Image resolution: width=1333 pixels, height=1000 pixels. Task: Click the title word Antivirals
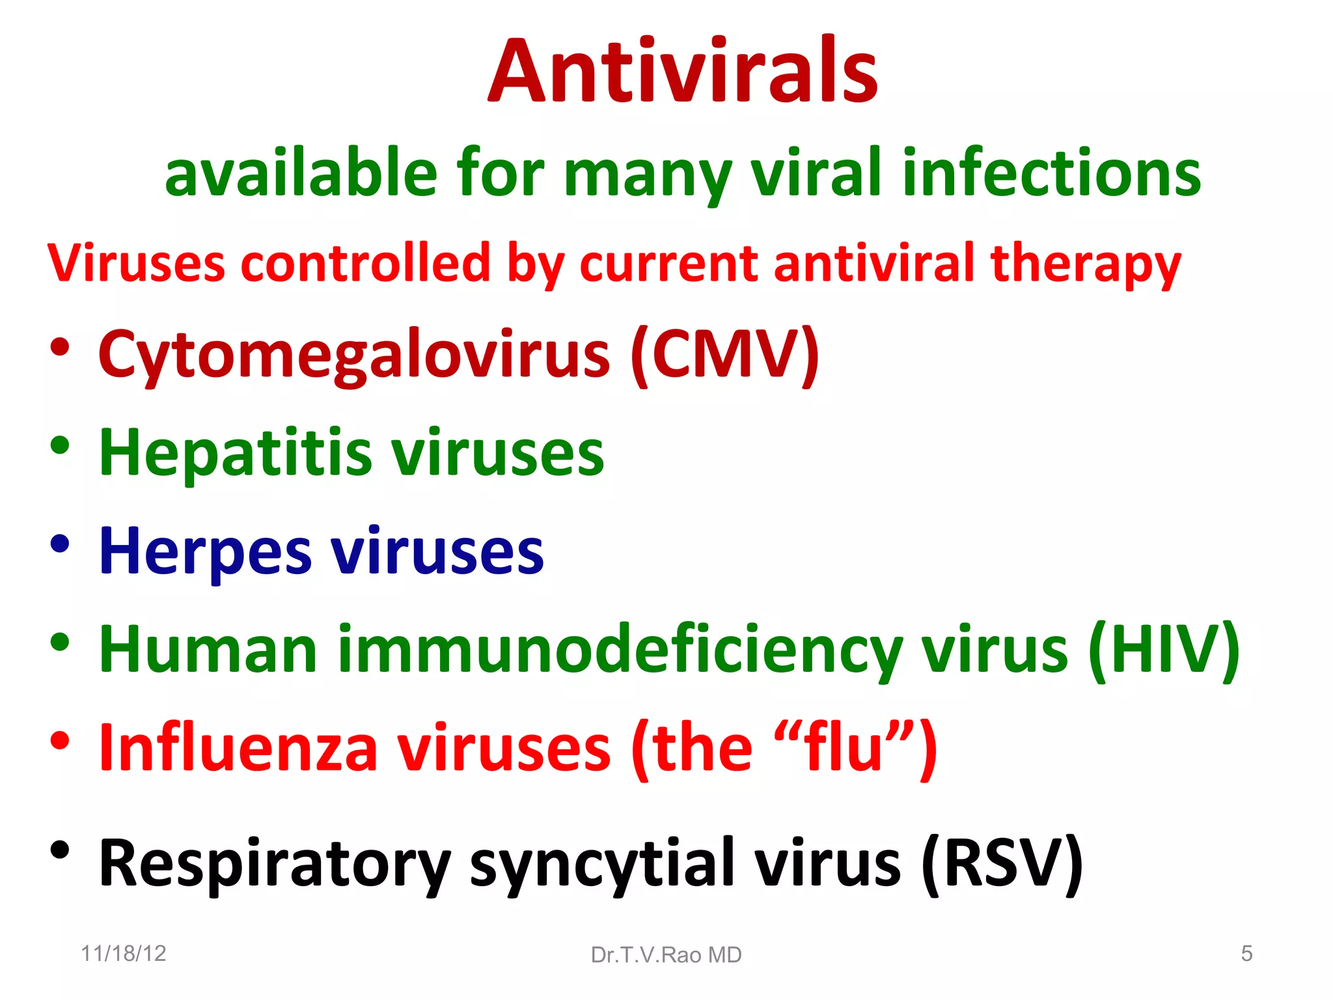tap(683, 72)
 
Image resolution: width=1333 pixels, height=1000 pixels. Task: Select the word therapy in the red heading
tap(1085, 264)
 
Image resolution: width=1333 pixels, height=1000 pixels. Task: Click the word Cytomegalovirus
tap(354, 355)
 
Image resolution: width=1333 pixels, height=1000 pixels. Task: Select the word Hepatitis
tap(235, 452)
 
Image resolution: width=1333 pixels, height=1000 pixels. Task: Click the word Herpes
tap(205, 552)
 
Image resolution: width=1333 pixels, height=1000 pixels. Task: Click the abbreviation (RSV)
tap(1002, 863)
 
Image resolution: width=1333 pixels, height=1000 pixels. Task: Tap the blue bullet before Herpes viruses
tap(60, 544)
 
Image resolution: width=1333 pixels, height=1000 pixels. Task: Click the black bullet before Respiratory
tap(60, 850)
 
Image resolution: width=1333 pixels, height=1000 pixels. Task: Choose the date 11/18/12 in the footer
tap(124, 954)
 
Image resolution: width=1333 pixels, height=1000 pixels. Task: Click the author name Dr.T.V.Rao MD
tap(666, 955)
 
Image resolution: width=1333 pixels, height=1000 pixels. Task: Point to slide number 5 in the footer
tap(1246, 954)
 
